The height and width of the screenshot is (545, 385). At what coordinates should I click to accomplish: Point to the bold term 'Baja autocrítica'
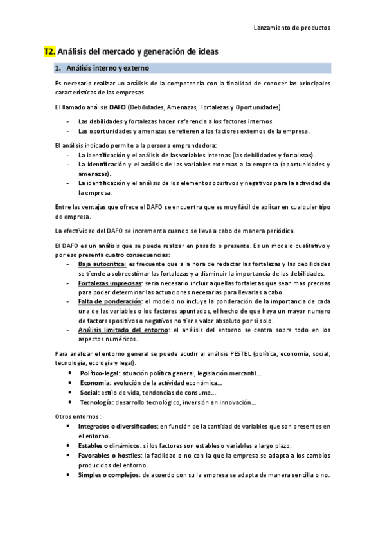tap(102, 264)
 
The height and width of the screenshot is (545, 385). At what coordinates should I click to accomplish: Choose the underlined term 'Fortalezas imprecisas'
tap(110, 282)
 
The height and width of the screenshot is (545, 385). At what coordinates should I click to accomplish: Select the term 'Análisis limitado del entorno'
tap(123, 329)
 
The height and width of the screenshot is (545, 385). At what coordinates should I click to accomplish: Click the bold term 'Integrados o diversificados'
tap(118, 426)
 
